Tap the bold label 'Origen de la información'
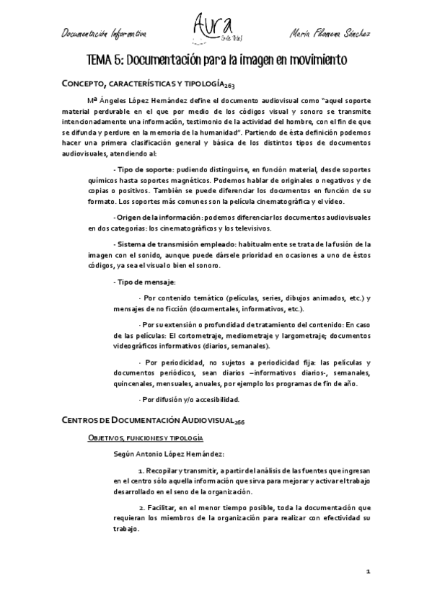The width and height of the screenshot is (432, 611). point(157,217)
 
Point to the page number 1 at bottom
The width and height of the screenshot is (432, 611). point(368,571)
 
